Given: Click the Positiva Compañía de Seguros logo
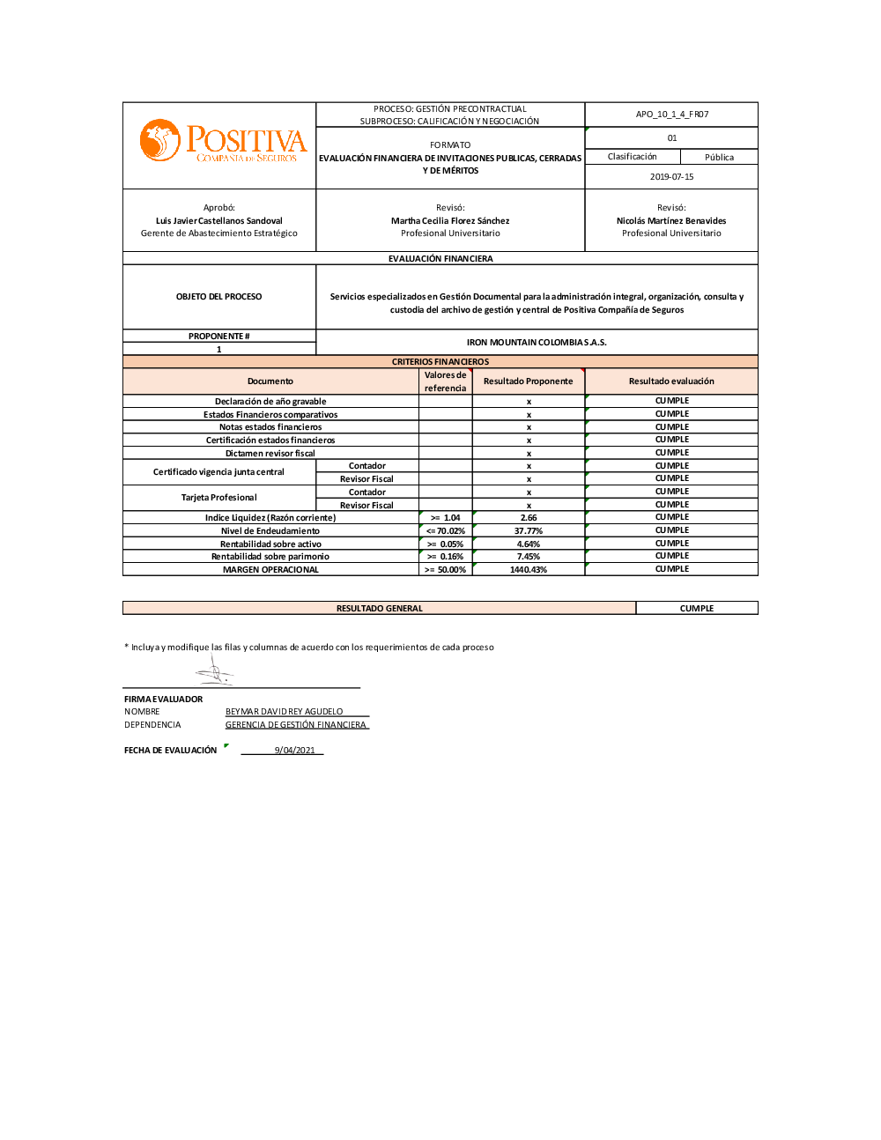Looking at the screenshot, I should [x=223, y=142].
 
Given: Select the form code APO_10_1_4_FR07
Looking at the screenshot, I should [x=671, y=115].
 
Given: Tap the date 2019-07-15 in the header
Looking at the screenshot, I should [x=671, y=177].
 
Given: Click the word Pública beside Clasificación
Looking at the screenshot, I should [x=719, y=158].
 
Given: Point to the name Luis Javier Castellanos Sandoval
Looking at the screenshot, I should [x=218, y=221].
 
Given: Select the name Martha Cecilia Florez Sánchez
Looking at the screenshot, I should [x=450, y=221].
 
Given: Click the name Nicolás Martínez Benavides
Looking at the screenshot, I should [x=671, y=221].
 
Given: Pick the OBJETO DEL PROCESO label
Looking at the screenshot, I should [x=218, y=297].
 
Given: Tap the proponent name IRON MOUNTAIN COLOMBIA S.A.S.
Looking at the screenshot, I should [x=536, y=343].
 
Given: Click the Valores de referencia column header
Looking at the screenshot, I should [x=445, y=381].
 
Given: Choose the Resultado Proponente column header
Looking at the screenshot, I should [x=528, y=381].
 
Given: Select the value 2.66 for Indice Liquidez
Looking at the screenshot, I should [x=528, y=518].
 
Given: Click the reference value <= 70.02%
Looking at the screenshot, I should [x=445, y=531].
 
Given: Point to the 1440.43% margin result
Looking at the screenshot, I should [x=528, y=570].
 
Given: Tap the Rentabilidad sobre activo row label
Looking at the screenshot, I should [x=270, y=544].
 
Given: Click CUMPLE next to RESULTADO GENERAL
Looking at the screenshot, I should [x=696, y=609].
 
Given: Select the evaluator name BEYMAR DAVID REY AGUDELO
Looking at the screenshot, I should [x=284, y=712].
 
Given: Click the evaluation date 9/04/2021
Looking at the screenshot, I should [x=294, y=751].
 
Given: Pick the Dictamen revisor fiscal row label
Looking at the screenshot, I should [x=270, y=454].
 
